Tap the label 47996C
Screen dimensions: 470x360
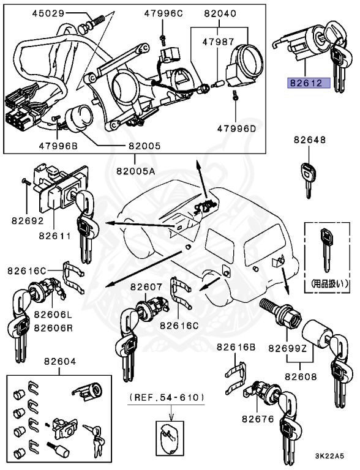(x=163, y=13)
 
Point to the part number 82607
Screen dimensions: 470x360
(x=146, y=286)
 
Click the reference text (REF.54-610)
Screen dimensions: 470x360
(x=167, y=397)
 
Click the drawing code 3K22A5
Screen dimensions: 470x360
(x=329, y=456)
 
